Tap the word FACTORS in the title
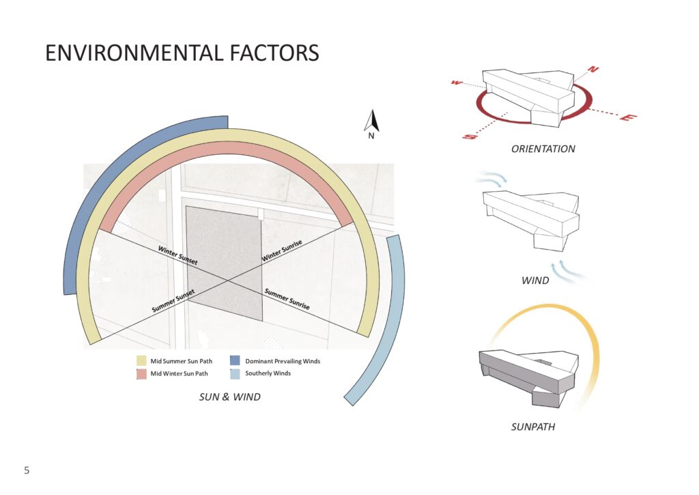coord(275,53)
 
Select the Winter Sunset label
coord(178,255)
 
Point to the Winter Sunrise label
coord(282,251)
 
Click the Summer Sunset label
coord(173,301)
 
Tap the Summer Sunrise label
coord(287,299)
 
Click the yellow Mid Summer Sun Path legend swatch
coord(141,360)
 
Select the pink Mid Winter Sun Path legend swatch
coord(141,373)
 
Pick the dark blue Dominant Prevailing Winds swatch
coord(235,360)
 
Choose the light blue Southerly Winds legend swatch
coord(235,373)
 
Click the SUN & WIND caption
coord(229,397)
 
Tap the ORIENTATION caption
coord(543,149)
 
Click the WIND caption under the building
coord(535,281)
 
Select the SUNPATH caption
coord(532,427)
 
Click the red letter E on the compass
coord(629,117)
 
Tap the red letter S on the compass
coord(470,136)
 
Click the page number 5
coord(27,470)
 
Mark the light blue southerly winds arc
coord(398,330)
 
